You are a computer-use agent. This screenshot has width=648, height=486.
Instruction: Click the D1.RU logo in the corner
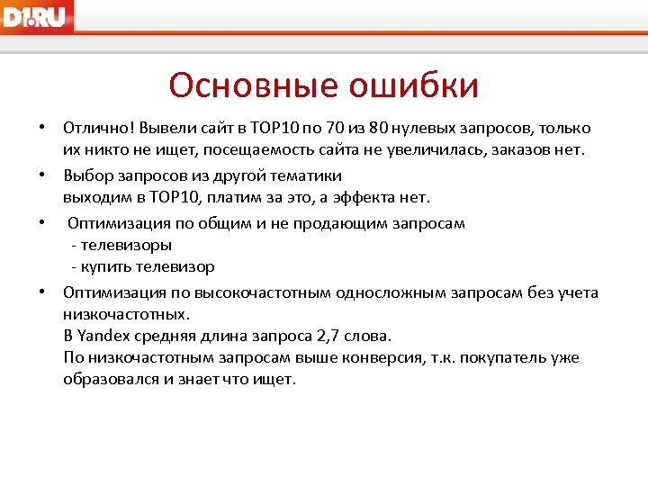[37, 16]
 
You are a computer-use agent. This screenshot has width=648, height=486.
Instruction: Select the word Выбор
[86, 175]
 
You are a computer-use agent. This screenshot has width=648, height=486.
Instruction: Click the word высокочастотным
[270, 292]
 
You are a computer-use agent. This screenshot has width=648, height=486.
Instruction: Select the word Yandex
[104, 336]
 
